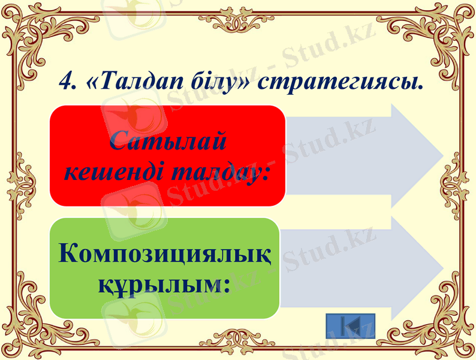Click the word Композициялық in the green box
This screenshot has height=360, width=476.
pos(165,254)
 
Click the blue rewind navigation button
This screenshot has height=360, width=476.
pos(351,326)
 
